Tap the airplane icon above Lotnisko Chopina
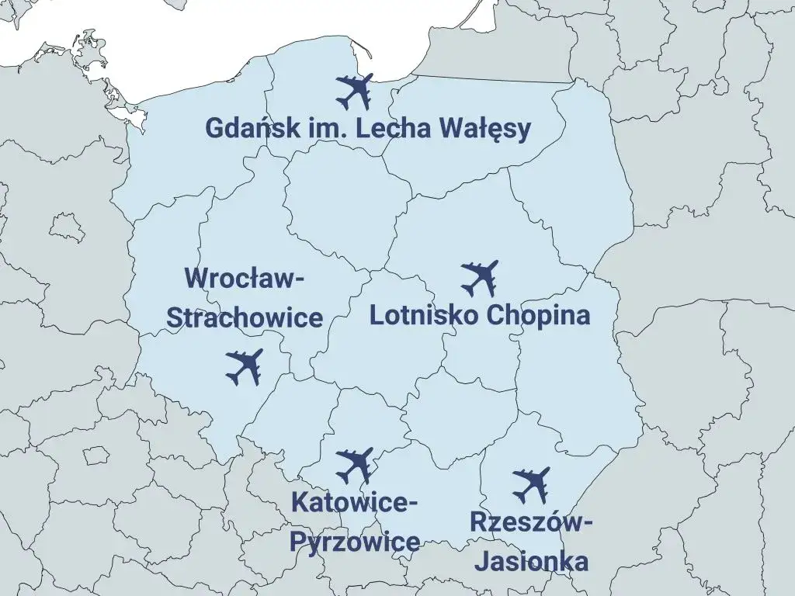coord(479,279)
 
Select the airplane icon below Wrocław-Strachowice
coord(245,367)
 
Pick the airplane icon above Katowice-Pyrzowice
coord(355,466)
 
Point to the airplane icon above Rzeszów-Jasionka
coord(532,485)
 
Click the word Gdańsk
coord(248,128)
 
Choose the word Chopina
coord(538,317)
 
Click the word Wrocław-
coord(244,278)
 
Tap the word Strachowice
coord(245,317)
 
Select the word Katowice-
coord(355,502)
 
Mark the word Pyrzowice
coord(355,542)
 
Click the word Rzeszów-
coord(532,522)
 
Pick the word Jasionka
coord(532,561)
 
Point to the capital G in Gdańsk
coord(215,128)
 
